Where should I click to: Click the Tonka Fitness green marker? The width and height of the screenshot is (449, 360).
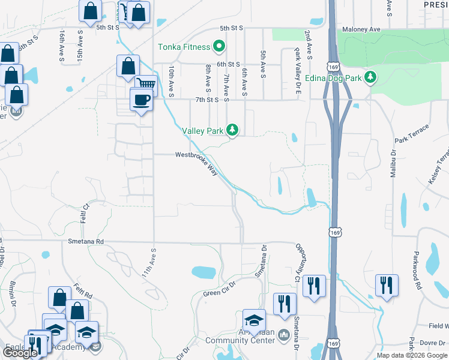click(219, 47)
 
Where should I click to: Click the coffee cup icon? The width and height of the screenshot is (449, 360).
click(141, 100)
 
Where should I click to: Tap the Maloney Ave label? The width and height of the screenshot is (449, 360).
click(361, 29)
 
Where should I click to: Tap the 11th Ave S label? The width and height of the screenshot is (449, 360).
click(149, 263)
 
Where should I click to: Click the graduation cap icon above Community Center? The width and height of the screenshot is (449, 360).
click(254, 320)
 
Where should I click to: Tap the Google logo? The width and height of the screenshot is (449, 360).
click(20, 353)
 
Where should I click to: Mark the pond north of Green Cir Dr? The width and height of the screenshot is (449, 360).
click(203, 272)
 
